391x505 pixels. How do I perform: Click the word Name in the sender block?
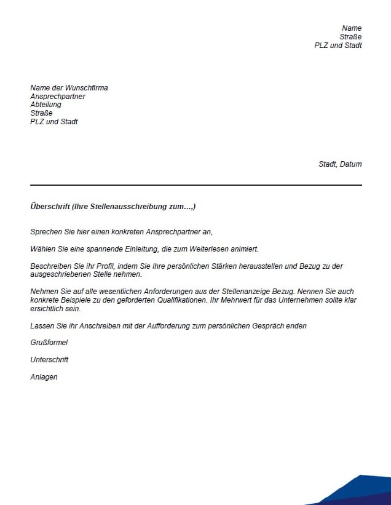tap(352, 28)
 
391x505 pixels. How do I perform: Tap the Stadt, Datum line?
tap(340, 164)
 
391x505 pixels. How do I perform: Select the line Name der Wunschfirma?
tap(69, 88)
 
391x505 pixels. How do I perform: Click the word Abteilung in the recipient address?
tap(45, 105)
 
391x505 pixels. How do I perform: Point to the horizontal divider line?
tap(195, 185)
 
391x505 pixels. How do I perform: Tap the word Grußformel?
tap(49, 343)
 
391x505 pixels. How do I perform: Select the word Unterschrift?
tap(49, 360)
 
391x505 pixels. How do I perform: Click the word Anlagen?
tap(44, 377)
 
